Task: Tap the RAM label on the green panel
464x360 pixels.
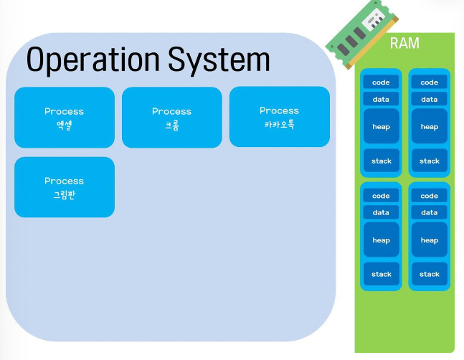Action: (x=404, y=43)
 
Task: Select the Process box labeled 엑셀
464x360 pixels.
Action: (x=65, y=117)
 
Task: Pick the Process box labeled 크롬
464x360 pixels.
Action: (x=172, y=117)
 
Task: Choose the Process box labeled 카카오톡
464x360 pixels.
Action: (x=279, y=116)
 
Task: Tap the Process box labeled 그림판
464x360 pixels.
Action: (x=65, y=186)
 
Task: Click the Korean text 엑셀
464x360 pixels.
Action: (x=64, y=124)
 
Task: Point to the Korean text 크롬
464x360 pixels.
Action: (x=172, y=124)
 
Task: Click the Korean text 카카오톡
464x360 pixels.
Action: (x=279, y=123)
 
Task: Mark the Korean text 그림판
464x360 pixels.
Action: (x=64, y=194)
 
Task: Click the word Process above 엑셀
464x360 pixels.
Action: (x=64, y=111)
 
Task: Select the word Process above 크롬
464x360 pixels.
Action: (x=172, y=111)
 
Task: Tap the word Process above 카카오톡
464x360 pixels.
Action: (x=279, y=110)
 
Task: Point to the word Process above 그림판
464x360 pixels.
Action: (x=64, y=181)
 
